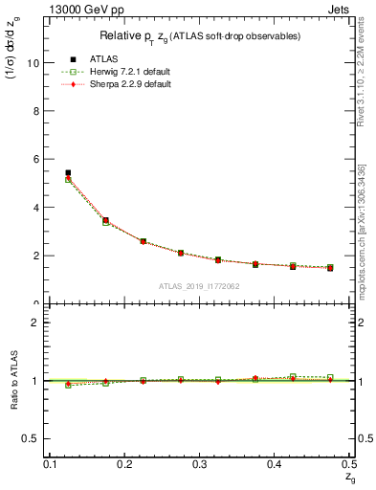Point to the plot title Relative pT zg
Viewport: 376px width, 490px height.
pyautogui.click(x=200, y=36)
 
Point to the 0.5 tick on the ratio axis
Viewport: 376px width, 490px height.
pyautogui.click(x=33, y=438)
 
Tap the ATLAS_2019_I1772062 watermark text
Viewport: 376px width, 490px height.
pyautogui.click(x=200, y=285)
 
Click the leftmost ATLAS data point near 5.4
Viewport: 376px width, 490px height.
pyautogui.click(x=68, y=173)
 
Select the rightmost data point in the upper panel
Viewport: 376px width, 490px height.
pyautogui.click(x=330, y=268)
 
